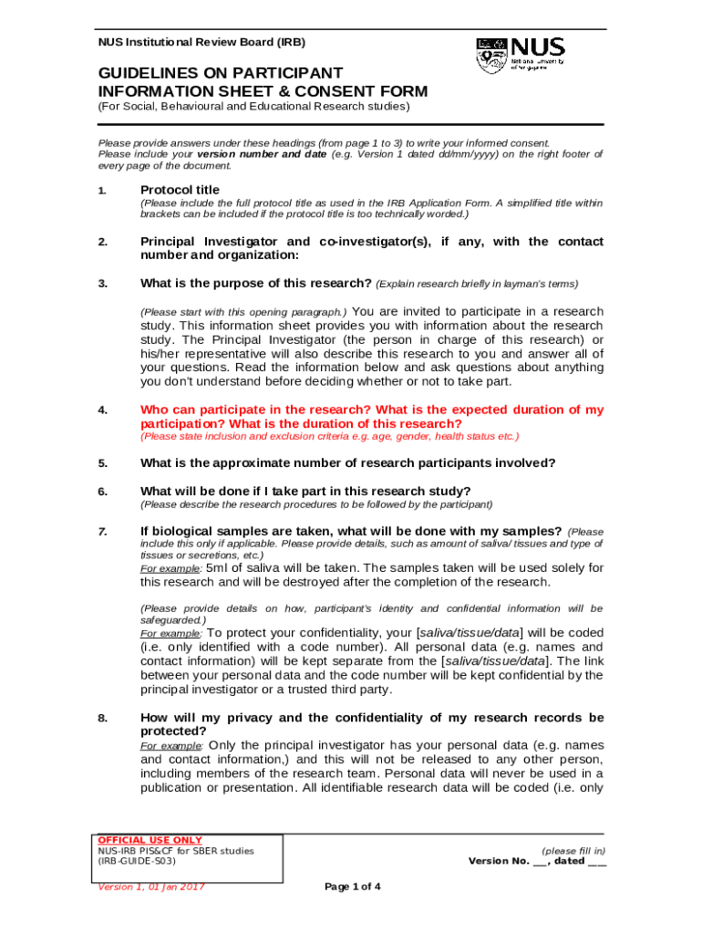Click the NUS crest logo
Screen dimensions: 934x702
490,55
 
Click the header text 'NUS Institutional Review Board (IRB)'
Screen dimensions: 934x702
201,42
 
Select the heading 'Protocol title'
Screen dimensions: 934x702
180,190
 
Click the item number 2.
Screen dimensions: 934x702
102,242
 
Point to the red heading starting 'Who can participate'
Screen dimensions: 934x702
371,417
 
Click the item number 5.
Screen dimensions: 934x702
102,462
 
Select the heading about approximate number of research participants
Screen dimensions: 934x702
347,462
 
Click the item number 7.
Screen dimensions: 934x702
102,531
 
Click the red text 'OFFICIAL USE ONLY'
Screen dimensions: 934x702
150,840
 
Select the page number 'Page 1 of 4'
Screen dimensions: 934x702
353,887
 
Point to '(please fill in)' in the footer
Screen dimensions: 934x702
573,850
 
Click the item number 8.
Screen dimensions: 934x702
102,718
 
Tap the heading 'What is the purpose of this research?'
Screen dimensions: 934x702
255,283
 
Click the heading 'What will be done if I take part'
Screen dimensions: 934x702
305,491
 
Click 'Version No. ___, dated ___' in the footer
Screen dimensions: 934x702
538,861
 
